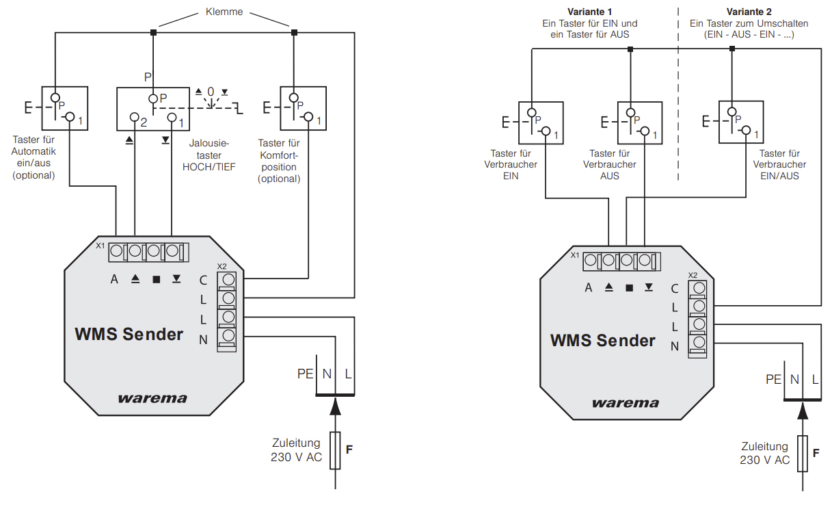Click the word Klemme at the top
[224, 12]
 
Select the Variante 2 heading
[749, 12]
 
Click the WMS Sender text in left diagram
[129, 335]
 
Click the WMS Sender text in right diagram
[602, 340]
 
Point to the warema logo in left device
[152, 398]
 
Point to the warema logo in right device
[626, 403]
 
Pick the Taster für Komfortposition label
[278, 161]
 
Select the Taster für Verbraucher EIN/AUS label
[780, 164]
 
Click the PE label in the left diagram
[305, 374]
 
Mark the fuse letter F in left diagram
[349, 450]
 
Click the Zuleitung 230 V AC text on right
[764, 452]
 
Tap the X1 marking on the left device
[100, 246]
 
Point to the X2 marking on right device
[693, 275]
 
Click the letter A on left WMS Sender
[114, 279]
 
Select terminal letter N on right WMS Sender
[675, 346]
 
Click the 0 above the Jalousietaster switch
[211, 92]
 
